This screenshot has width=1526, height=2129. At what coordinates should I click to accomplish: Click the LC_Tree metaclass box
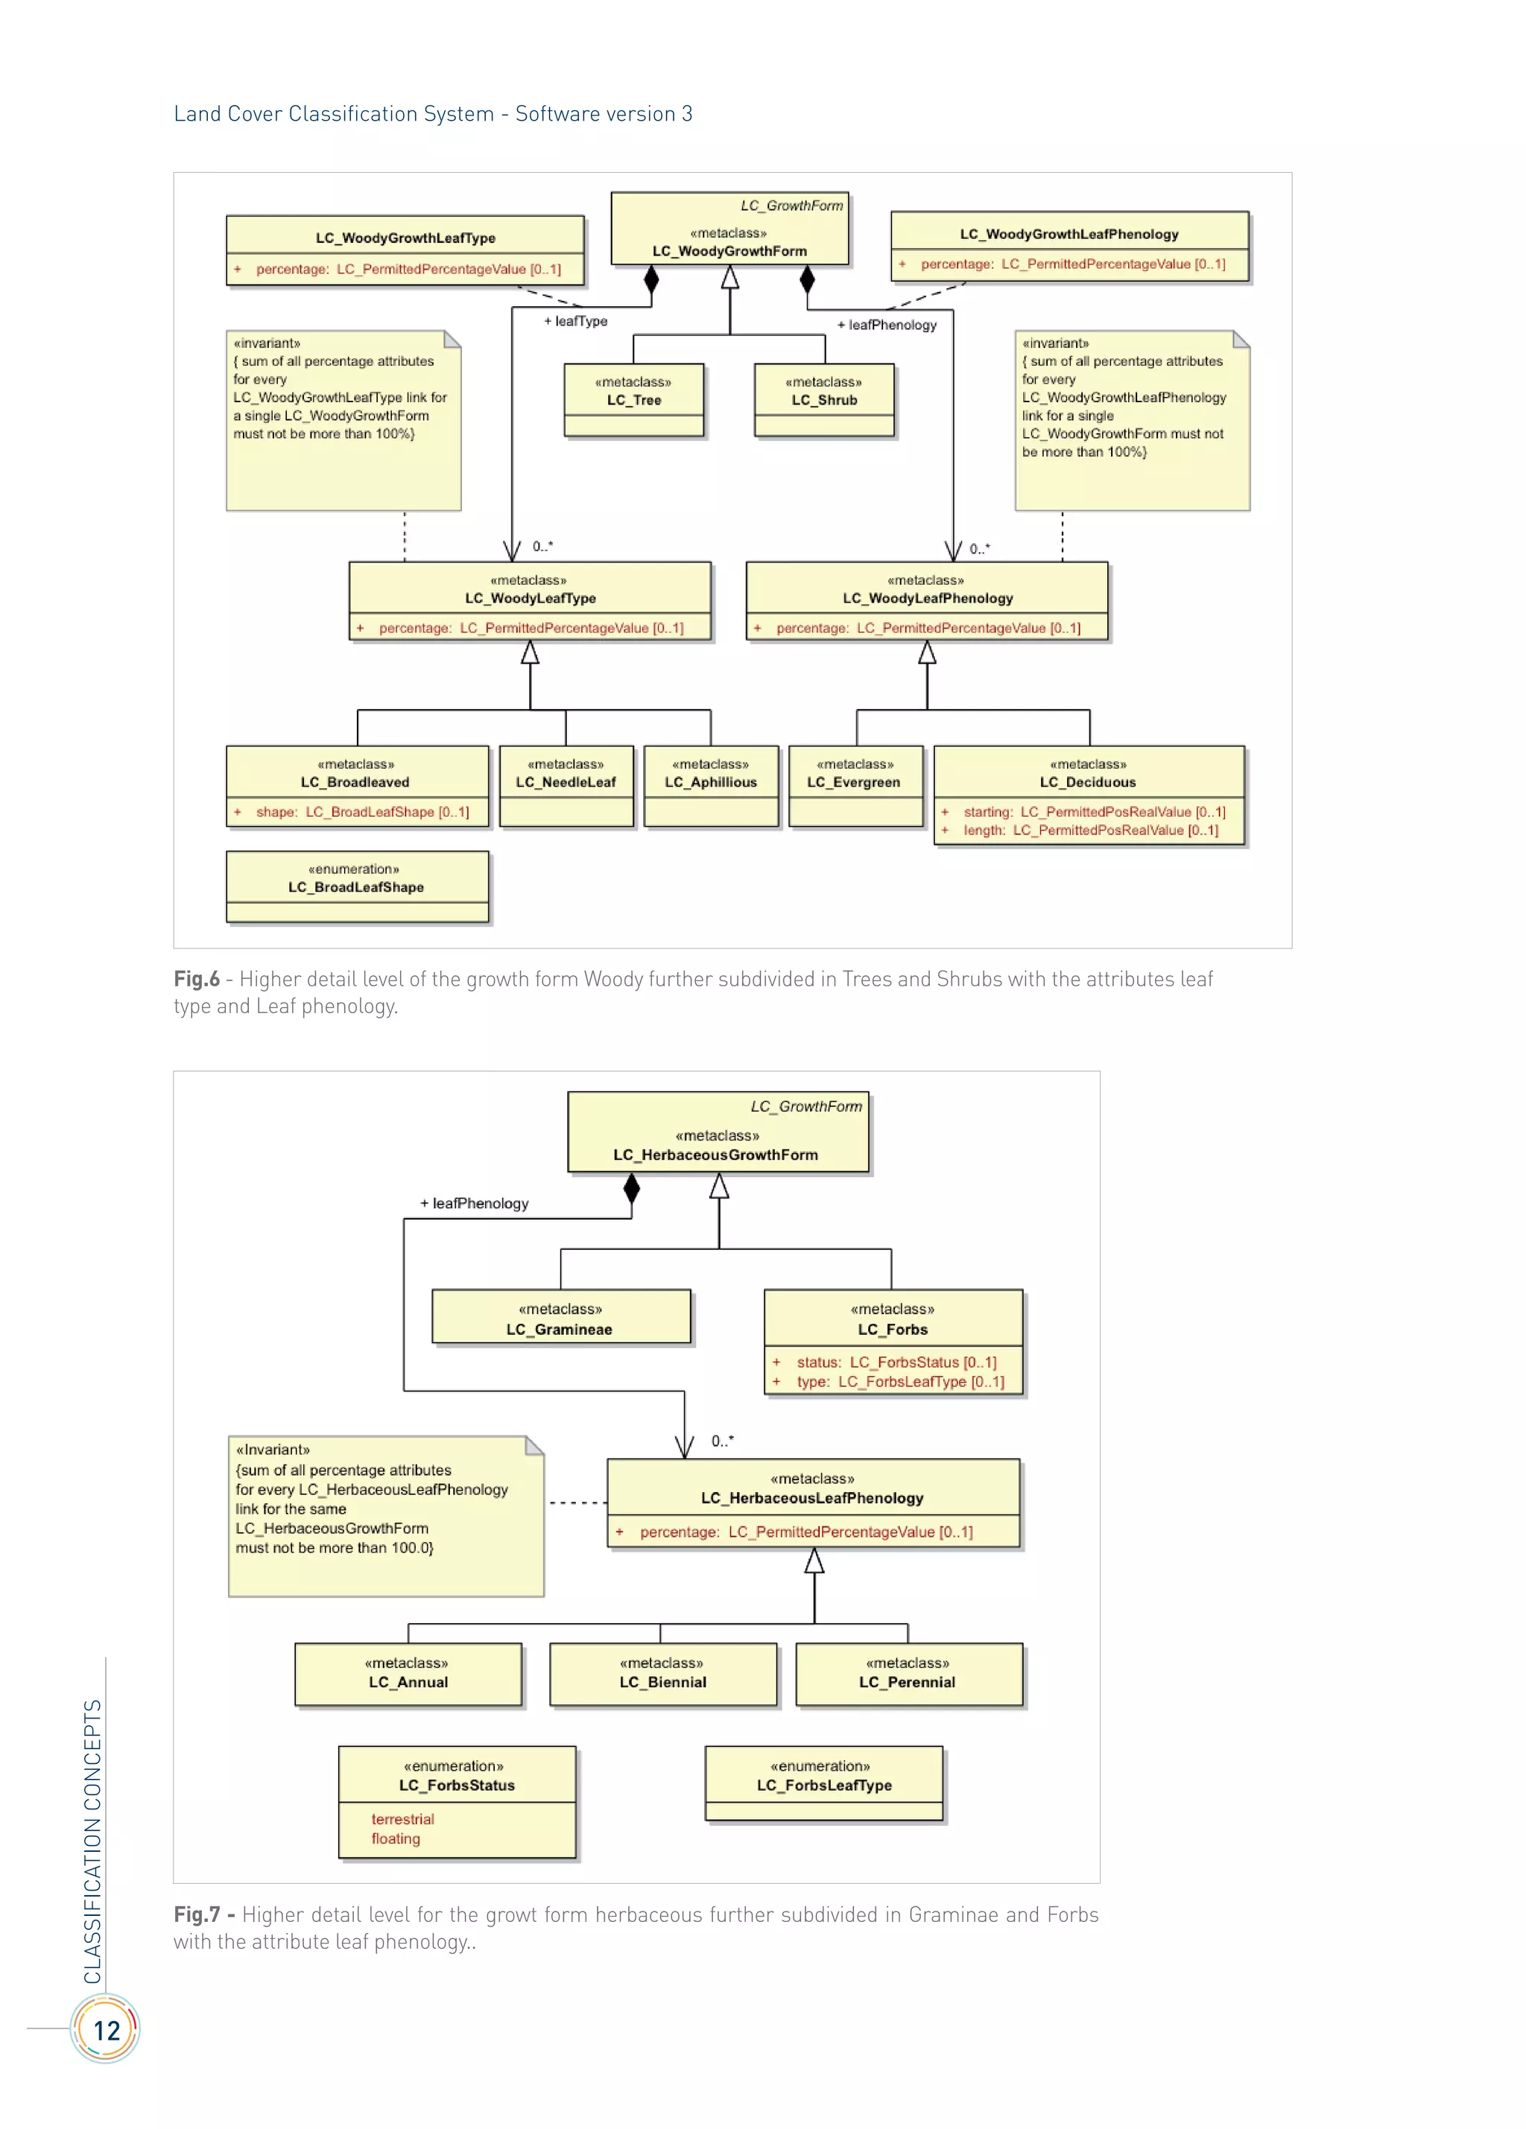tap(634, 399)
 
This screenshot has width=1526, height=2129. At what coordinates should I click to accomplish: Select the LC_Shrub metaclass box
tap(823, 399)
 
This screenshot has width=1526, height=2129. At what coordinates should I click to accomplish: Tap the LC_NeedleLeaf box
tap(566, 784)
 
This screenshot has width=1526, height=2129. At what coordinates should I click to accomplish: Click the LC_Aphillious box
tap(711, 784)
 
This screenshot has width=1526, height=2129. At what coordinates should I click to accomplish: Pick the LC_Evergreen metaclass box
tap(855, 784)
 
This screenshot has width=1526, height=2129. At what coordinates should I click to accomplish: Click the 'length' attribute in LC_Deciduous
tap(1089, 831)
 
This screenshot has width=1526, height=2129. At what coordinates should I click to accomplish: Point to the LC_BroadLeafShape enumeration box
tap(357, 885)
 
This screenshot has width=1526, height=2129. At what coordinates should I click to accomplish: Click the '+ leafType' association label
tap(576, 321)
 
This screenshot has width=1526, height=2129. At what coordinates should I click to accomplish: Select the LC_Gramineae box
tap(560, 1319)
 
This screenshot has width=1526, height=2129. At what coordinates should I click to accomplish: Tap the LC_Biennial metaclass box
tap(663, 1674)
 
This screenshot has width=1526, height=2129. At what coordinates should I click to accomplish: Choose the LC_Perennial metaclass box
tap(908, 1674)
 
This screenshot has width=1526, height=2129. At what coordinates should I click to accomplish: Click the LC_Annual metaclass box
tap(408, 1674)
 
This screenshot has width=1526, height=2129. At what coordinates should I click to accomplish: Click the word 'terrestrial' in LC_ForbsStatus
tap(402, 1819)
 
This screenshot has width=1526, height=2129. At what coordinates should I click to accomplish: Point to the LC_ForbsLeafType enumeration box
tap(823, 1782)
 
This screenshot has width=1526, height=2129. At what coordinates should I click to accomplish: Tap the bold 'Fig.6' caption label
tap(196, 979)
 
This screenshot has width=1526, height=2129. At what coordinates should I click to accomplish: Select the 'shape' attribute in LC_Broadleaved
tap(361, 812)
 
